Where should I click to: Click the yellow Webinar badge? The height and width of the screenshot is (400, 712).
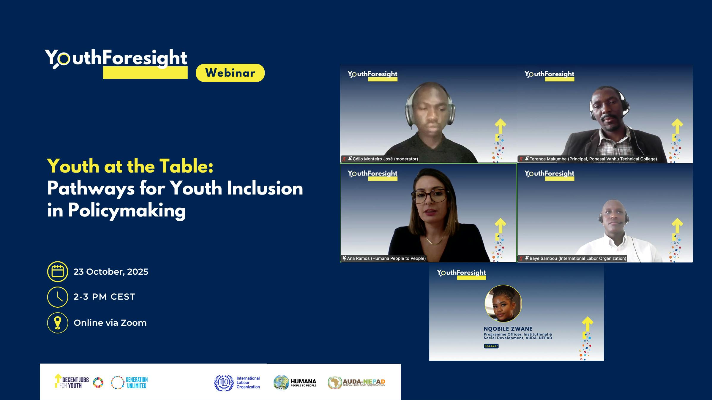(x=230, y=73)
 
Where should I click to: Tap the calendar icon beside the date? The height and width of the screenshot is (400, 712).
(x=58, y=271)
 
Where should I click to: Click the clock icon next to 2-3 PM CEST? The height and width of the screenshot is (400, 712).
(x=58, y=297)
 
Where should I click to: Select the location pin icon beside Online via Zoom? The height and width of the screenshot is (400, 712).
(x=58, y=323)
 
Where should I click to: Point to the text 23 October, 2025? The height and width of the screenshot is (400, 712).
(x=111, y=272)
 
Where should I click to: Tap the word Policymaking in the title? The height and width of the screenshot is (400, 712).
(x=127, y=211)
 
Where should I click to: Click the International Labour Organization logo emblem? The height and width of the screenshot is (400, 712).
(x=224, y=383)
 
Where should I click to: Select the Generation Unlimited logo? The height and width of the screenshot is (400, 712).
(x=129, y=382)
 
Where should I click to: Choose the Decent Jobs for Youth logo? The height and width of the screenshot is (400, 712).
(x=79, y=382)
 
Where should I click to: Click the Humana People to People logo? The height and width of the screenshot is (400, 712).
(x=295, y=382)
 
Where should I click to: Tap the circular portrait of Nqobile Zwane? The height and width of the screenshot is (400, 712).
(x=503, y=303)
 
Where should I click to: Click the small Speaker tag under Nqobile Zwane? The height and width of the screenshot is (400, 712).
(x=491, y=346)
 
